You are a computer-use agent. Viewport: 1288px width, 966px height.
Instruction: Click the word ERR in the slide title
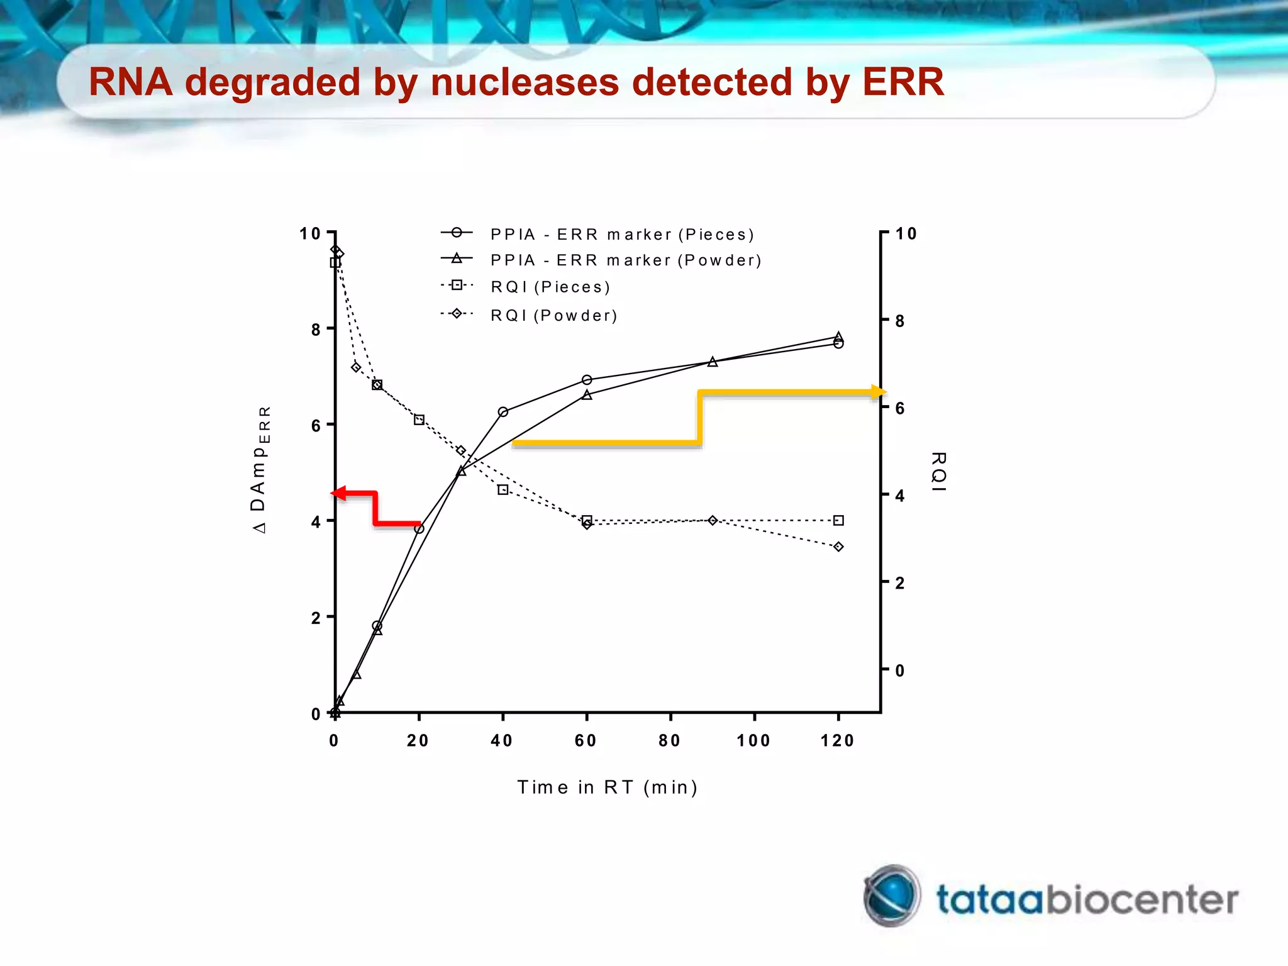(x=902, y=82)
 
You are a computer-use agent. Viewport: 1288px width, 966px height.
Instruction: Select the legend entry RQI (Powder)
(x=553, y=315)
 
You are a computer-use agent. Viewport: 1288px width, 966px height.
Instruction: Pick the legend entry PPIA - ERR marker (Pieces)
(x=621, y=235)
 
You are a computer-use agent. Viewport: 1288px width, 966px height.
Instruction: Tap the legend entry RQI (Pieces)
(x=550, y=287)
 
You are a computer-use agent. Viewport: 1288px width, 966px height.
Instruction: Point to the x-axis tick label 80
(x=670, y=741)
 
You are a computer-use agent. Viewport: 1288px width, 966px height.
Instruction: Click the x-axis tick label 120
(x=837, y=741)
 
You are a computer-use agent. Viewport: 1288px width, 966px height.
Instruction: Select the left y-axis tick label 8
(x=316, y=330)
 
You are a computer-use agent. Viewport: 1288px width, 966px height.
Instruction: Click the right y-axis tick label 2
(x=900, y=583)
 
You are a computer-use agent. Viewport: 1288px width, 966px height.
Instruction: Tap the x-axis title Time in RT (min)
(x=607, y=787)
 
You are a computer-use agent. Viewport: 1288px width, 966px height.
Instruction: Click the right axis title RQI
(x=938, y=471)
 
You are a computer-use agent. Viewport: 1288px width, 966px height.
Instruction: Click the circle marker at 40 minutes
(x=502, y=412)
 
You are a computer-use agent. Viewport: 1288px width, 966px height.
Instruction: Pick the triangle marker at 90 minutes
(x=713, y=362)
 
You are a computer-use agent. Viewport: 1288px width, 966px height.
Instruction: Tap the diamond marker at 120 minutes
(x=838, y=547)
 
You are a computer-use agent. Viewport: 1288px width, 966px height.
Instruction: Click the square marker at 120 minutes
(x=838, y=520)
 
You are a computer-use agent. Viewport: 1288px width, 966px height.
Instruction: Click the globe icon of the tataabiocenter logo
(x=892, y=896)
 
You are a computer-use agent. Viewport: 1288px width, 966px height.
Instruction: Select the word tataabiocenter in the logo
(x=1087, y=900)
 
